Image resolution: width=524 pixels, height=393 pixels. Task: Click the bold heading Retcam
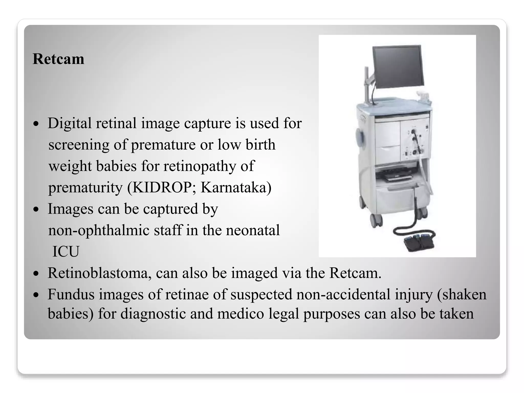pos(58,59)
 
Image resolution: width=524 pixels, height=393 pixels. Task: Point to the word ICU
pos(66,252)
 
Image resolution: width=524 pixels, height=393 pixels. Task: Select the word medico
pos(241,314)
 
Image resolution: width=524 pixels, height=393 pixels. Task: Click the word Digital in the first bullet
pos(70,123)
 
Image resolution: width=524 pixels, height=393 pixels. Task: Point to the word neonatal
pos(253,230)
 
